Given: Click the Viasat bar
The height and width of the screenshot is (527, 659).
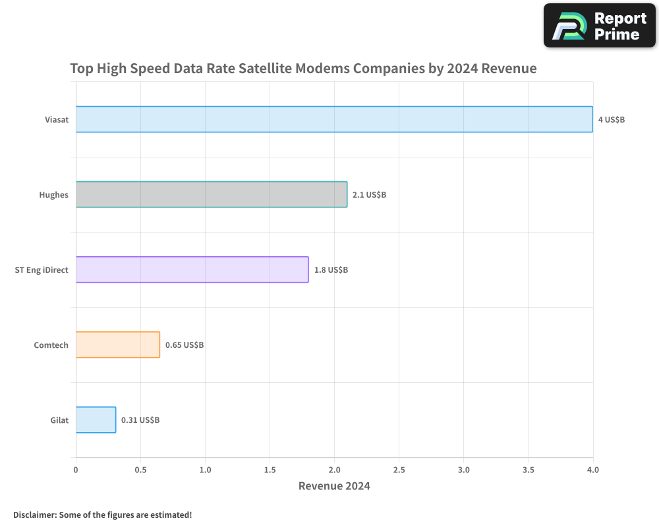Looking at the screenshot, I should click(x=334, y=119).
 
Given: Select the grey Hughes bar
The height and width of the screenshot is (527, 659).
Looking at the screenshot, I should click(x=211, y=194).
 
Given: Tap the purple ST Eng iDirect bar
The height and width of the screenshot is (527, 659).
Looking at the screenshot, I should click(x=192, y=269).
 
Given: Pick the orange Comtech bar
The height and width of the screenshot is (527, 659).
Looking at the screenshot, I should click(x=117, y=345).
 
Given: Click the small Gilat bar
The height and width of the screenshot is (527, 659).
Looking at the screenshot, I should click(x=96, y=420).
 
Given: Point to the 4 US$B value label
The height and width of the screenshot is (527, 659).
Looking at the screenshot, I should click(x=611, y=120).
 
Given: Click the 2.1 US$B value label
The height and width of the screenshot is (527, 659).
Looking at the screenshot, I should click(x=369, y=195).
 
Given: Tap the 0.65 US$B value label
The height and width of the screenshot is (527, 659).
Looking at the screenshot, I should click(x=185, y=345).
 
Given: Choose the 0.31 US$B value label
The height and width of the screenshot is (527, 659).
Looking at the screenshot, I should click(x=140, y=420).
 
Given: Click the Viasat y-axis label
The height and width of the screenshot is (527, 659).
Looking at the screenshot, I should click(x=56, y=120).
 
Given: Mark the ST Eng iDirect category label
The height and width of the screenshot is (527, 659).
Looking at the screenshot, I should click(x=42, y=270).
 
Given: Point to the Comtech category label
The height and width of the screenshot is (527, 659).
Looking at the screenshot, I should click(x=51, y=345).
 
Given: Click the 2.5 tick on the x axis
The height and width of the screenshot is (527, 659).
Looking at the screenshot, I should click(x=399, y=470).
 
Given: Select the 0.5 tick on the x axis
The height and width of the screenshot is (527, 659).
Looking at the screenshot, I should click(x=140, y=470).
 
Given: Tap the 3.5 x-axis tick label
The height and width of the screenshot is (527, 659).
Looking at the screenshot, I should click(x=528, y=470).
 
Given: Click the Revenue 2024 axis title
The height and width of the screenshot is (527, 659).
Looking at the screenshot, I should click(x=334, y=486).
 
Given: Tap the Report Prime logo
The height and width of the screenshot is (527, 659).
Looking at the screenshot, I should click(x=600, y=26).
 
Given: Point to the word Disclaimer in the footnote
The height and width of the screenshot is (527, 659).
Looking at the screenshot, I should click(x=34, y=514).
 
